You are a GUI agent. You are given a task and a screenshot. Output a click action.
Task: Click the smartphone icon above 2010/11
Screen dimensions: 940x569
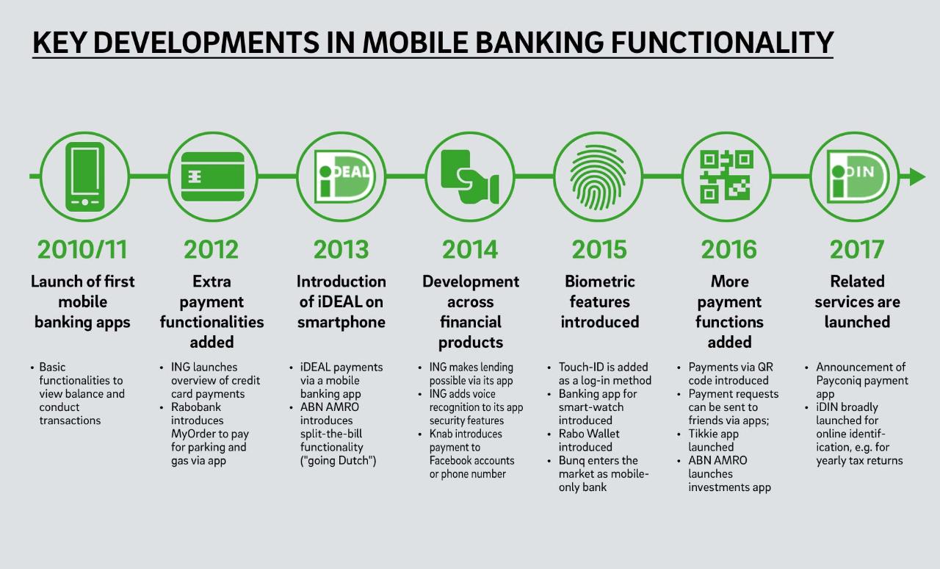84,176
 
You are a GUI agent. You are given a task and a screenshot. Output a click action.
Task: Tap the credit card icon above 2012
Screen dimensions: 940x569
213,176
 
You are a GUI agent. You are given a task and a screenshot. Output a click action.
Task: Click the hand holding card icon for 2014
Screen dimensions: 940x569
469,176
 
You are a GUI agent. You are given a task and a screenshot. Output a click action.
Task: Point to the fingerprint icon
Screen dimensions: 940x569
598,177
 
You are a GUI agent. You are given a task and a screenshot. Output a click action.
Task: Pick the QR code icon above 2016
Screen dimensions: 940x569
726,176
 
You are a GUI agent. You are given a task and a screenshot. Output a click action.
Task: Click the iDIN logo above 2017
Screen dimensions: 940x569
858,176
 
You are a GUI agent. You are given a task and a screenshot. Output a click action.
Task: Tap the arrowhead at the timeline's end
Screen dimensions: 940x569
917,176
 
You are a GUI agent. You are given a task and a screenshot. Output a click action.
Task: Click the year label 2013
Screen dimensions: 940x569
341,250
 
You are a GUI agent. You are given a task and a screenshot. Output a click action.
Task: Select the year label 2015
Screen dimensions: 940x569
599,250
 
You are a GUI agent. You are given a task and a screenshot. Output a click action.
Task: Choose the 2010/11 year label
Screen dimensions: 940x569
82,250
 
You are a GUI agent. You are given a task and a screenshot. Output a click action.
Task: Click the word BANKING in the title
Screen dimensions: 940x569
539,43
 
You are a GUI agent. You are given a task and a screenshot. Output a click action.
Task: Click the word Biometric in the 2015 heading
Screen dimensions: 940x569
600,281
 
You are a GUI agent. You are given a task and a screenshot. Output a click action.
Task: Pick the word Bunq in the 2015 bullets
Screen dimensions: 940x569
571,461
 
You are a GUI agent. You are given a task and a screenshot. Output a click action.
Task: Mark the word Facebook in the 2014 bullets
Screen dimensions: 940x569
452,461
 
